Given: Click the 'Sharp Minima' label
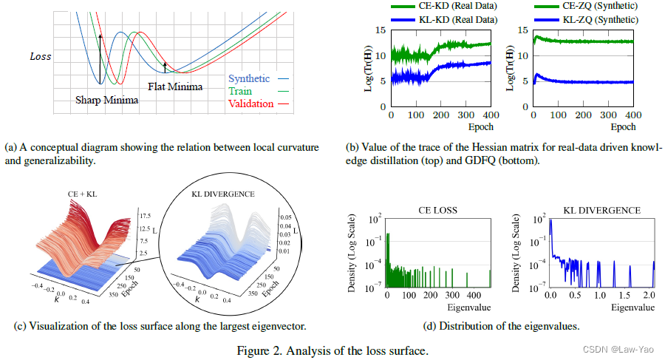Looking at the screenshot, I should (x=107, y=100).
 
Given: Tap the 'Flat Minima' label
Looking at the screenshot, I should (x=174, y=86).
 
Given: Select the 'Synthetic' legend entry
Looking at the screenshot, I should (x=249, y=78).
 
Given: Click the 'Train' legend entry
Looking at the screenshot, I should (x=240, y=90).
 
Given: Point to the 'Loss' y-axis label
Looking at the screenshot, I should (x=41, y=56).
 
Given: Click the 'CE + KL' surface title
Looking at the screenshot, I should (x=78, y=194).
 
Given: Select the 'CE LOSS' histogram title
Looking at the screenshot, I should (x=435, y=211).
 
